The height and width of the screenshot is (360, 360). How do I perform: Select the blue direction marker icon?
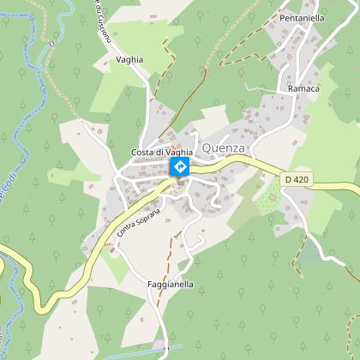[x=180, y=166]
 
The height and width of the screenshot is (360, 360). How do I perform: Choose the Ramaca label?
[x=304, y=88]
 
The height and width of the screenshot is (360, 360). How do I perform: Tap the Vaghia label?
[x=129, y=59]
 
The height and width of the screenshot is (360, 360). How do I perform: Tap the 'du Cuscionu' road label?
[x=99, y=26]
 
